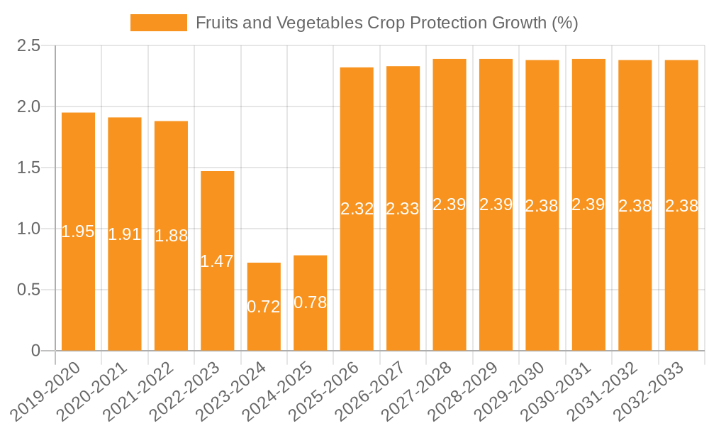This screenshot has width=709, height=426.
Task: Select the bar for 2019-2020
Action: point(78,231)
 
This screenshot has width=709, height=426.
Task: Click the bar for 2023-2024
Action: point(264,307)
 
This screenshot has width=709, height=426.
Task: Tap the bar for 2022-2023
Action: point(217,261)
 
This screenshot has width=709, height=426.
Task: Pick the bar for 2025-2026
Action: point(357,209)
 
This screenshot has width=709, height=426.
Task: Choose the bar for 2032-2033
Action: point(681,205)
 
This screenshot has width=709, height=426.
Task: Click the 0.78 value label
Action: point(310,302)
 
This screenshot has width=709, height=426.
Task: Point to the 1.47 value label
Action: point(217,261)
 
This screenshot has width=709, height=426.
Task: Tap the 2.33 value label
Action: point(403,209)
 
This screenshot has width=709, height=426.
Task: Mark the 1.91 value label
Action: point(125,234)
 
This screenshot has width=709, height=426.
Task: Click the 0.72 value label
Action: point(264,307)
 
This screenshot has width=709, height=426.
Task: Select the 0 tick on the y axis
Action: point(36,351)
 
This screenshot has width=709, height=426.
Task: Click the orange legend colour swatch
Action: point(158,23)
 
